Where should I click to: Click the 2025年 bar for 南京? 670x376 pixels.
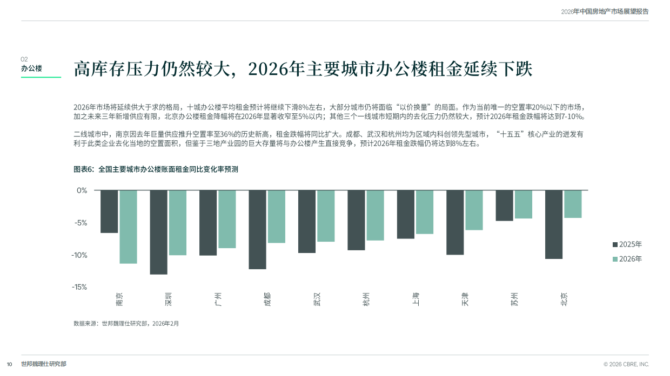109,211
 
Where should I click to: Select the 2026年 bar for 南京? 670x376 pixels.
128,227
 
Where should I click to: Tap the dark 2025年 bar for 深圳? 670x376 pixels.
158,232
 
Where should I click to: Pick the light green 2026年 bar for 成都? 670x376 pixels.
277,216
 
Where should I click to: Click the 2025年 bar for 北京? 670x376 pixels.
554,224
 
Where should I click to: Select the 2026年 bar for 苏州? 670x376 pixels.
523,204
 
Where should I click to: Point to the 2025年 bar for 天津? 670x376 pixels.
455,222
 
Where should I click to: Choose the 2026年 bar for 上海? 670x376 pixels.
425,212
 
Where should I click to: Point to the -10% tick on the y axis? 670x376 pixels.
80,255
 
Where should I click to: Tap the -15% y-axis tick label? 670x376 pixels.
80,287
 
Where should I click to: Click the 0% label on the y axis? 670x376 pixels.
82,190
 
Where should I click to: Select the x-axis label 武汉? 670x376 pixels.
317,299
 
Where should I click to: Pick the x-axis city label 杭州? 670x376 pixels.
366,299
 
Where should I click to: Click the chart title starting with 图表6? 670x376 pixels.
156,169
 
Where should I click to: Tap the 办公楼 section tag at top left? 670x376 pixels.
31,69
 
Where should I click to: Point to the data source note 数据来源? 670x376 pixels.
126,324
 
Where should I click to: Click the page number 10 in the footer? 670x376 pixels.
9,364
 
